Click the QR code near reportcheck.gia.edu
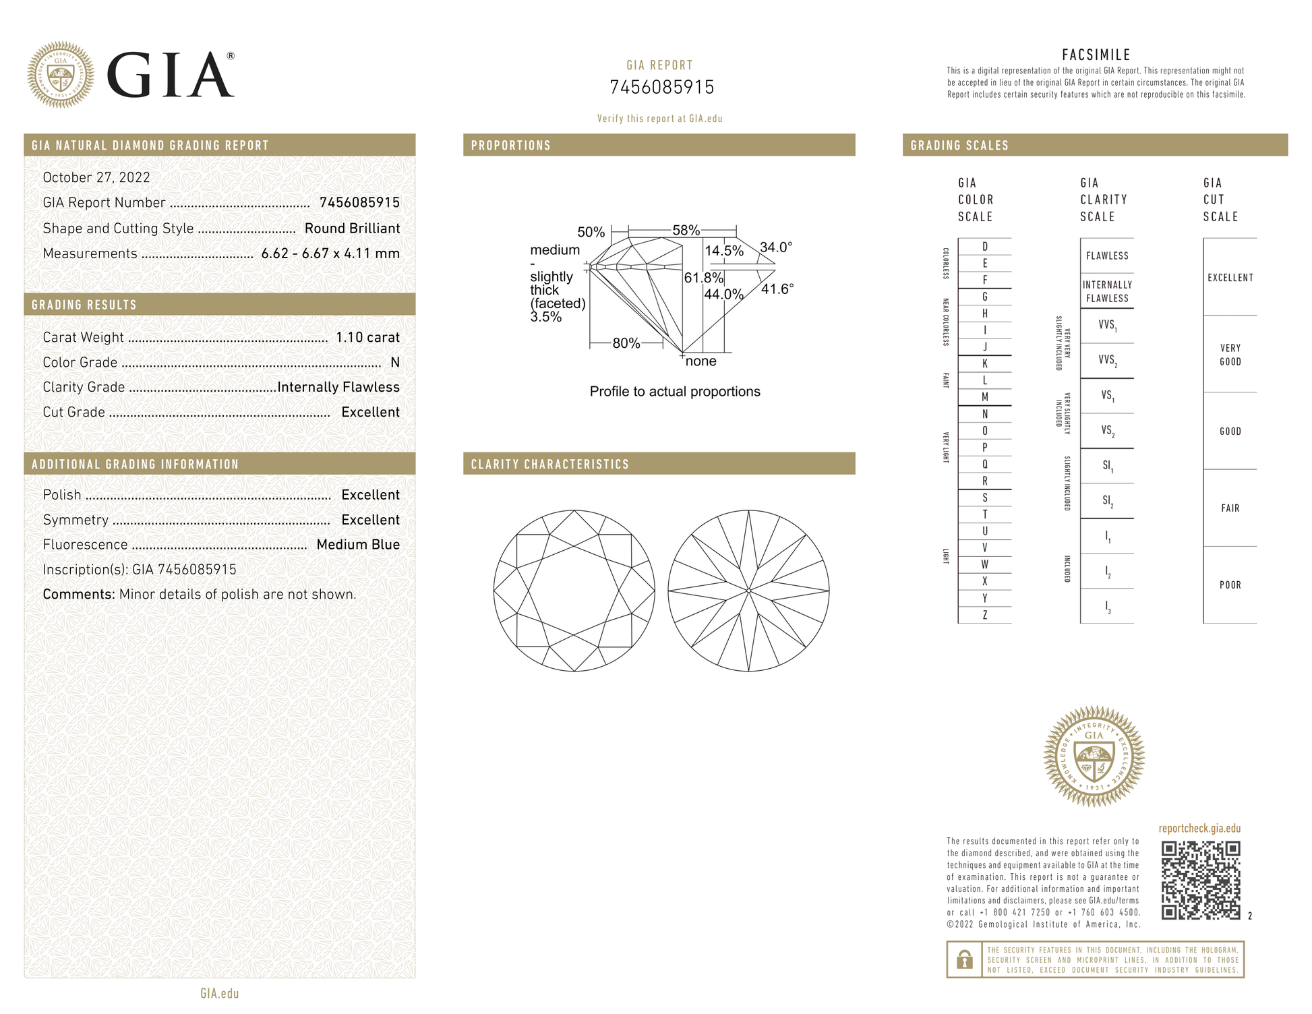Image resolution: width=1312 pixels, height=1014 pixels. [x=1201, y=880]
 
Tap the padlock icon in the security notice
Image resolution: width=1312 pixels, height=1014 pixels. [x=965, y=959]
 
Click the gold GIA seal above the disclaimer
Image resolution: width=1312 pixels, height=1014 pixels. [x=1094, y=756]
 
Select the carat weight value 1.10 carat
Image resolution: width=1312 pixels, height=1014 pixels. [x=367, y=337]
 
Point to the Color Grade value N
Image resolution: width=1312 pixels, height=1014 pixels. [x=395, y=363]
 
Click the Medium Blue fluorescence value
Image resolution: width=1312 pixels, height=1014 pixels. [x=358, y=545]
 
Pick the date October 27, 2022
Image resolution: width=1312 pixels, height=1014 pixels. [x=96, y=177]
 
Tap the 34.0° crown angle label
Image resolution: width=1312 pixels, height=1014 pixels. [x=776, y=247]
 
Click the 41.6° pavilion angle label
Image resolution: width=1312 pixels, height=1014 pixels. [x=777, y=289]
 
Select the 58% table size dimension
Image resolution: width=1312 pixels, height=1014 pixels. [x=686, y=231]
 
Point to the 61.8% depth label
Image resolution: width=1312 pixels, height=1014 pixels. [x=703, y=278]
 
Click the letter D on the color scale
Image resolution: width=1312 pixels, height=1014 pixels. [x=985, y=247]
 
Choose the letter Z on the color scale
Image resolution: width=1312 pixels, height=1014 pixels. [x=985, y=615]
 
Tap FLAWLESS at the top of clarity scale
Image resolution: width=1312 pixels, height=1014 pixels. [x=1107, y=256]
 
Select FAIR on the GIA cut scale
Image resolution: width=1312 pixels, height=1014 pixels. [x=1230, y=508]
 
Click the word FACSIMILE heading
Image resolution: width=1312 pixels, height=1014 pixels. [x=1096, y=55]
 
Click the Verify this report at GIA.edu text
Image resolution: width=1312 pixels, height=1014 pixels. [x=659, y=119]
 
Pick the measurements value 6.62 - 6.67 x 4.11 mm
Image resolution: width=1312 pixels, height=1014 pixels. [x=330, y=253]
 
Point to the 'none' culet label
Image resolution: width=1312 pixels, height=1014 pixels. [x=701, y=361]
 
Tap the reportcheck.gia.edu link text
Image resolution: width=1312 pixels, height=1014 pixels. [x=1199, y=829]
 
